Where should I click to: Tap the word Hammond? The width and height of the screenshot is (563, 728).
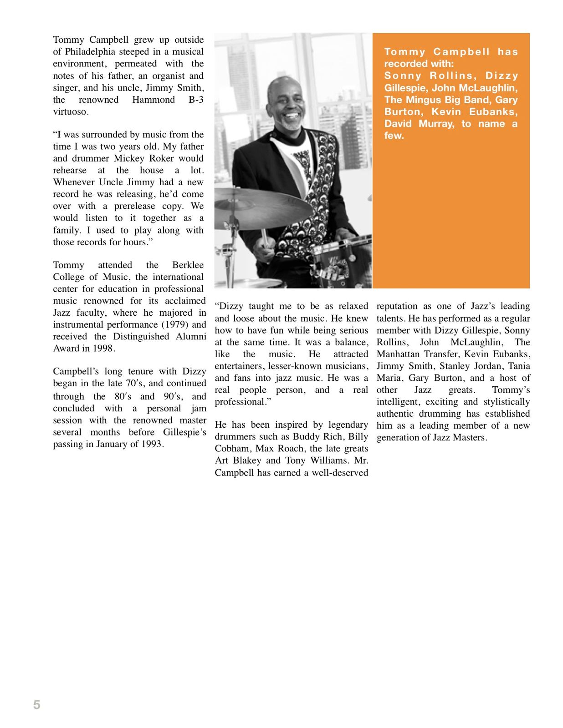point(154,100)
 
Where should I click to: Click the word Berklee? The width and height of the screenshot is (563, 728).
point(188,265)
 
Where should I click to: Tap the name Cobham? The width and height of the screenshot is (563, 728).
point(232,449)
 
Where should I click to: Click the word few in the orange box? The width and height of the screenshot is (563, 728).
point(394,136)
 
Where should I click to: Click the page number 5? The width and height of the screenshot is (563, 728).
point(37,705)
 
